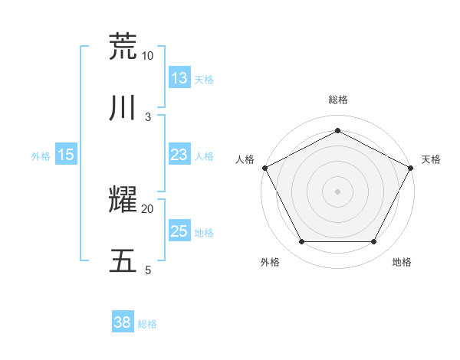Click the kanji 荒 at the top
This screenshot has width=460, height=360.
tap(123, 46)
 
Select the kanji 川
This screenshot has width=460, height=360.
tap(123, 109)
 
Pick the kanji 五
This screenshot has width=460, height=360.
tap(123, 261)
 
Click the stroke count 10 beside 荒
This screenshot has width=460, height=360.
tap(147, 56)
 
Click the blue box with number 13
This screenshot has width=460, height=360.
tap(179, 78)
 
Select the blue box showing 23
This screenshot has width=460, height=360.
tap(179, 155)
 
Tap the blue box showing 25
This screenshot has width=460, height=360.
tap(179, 231)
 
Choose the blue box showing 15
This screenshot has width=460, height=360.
tap(66, 155)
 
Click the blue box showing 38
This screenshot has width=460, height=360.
tap(123, 322)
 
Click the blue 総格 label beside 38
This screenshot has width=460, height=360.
tap(147, 324)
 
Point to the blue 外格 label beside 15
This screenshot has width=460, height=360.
tap(41, 156)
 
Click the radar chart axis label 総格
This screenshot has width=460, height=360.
tap(338, 100)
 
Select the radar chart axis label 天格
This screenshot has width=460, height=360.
tap(431, 159)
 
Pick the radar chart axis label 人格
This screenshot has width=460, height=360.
tap(245, 159)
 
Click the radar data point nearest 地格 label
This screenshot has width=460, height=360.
tap(374, 242)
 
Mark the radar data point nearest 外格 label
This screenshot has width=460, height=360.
tap(301, 242)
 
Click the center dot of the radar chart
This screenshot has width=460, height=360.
tap(338, 191)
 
